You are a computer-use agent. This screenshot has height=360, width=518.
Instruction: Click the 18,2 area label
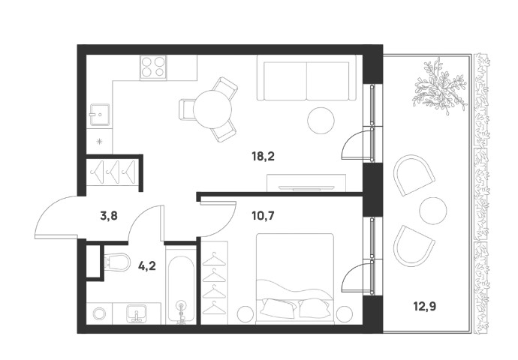coord(263,156)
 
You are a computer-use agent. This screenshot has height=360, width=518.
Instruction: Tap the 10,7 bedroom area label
coord(263,216)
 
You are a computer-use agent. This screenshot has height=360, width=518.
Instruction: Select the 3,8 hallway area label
coord(109,216)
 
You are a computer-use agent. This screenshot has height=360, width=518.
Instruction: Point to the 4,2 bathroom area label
coord(146,265)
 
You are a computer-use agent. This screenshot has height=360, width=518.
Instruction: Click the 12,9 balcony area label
coord(424,307)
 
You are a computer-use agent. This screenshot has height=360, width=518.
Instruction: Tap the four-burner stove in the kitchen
coord(153,67)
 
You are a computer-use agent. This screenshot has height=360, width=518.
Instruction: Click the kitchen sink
coord(99,115)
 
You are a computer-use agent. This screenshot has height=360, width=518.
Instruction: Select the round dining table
coord(212,109)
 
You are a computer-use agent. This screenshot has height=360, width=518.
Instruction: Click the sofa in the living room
coord(306,77)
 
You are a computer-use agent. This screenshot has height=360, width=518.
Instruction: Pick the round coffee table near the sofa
coord(321,121)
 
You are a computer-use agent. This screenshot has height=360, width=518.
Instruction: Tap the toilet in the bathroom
coord(116,262)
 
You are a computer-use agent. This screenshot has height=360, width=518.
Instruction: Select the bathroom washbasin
coord(136,313)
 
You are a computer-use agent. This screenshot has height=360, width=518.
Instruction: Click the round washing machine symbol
coord(99,313)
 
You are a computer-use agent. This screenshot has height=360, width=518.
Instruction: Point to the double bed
coord(295,277)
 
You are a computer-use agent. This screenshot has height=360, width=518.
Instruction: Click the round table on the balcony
coord(432,211)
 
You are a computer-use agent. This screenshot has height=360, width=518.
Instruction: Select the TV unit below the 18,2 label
coord(306,183)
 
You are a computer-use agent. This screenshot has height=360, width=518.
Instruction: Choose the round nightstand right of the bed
coord(345,313)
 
